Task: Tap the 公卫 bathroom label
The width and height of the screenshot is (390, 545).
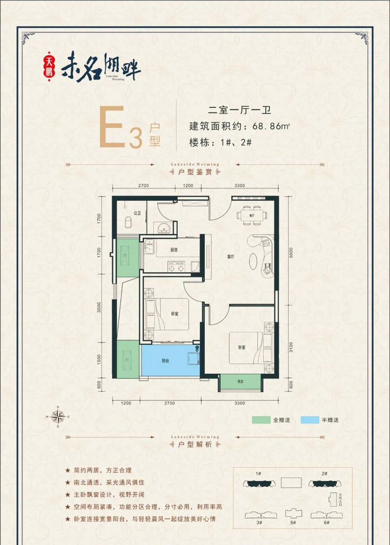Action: click(x=137, y=214)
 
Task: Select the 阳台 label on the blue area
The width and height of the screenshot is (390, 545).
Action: click(x=166, y=361)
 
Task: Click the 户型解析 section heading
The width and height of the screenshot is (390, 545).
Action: click(x=195, y=445)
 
